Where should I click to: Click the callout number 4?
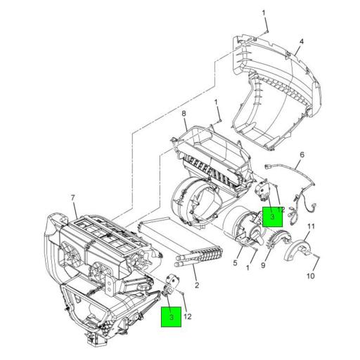(x=300, y=42)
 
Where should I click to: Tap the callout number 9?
(x=264, y=266)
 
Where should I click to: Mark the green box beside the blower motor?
(x=272, y=217)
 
